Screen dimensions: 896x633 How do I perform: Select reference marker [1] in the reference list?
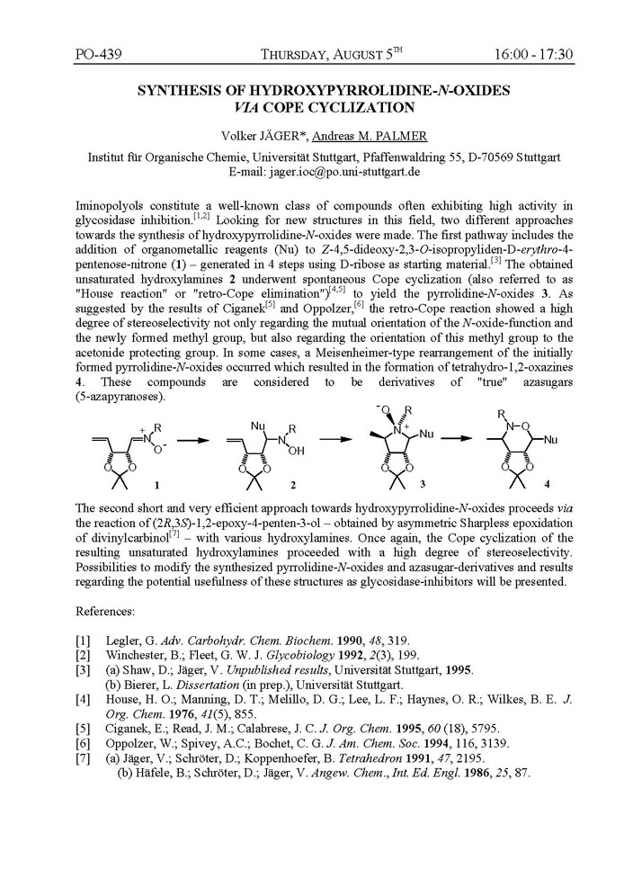pyautogui.click(x=82, y=641)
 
